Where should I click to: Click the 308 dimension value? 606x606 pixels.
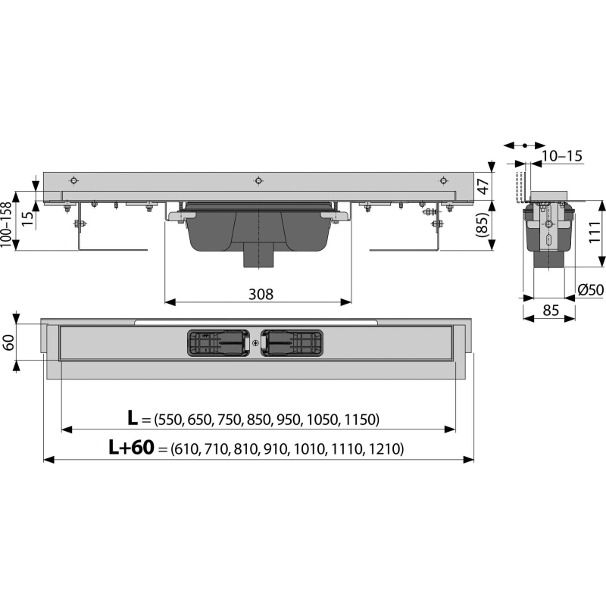(261, 294)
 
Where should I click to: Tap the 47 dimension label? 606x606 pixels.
(483, 186)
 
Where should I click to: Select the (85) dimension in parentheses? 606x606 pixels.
(483, 225)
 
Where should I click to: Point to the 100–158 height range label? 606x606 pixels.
(6, 224)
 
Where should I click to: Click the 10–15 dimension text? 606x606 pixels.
(561, 156)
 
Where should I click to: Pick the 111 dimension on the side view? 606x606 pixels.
(596, 233)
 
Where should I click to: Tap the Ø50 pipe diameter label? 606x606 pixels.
(591, 289)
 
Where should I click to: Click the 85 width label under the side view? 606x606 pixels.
(551, 310)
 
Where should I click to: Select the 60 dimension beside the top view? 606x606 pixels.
(8, 342)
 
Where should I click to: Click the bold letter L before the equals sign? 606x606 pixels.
(133, 418)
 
